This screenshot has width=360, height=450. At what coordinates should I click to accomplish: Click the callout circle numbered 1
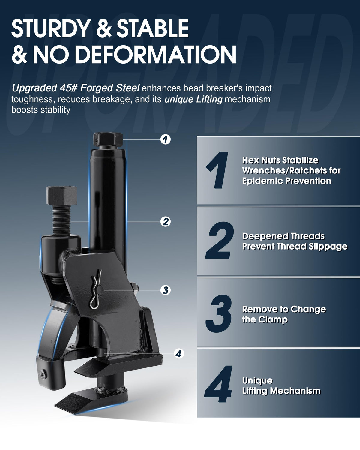coord(166,139)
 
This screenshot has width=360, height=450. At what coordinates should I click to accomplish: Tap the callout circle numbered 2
coord(166,222)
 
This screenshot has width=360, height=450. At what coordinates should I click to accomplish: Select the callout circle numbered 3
coord(166,290)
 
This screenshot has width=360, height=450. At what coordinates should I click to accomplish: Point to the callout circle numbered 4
coord(179,354)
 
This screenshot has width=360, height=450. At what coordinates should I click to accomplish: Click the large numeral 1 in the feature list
coord(217,170)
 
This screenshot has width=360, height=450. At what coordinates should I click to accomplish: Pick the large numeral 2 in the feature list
coord(220,241)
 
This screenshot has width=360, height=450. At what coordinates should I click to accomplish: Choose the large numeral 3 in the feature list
coord(219,314)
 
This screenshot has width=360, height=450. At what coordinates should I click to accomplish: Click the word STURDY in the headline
coord(51,28)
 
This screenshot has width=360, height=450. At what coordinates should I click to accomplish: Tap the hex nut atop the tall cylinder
coord(108,140)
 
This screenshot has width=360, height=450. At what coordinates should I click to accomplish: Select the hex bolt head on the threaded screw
coord(61,196)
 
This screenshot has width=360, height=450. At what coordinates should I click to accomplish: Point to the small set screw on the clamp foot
coord(43,373)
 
